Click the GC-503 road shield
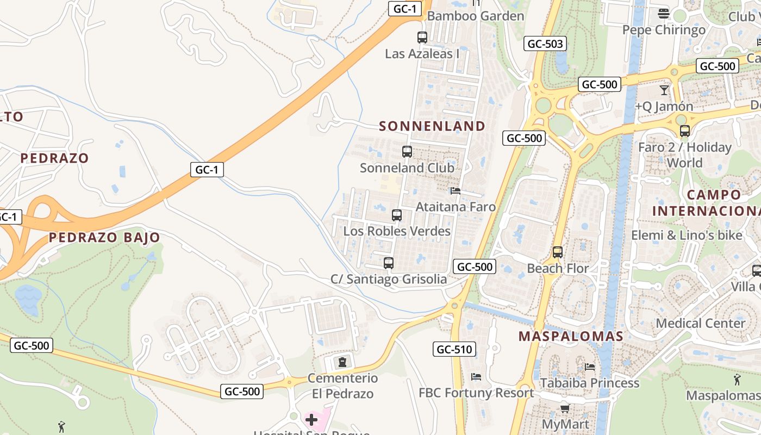545,44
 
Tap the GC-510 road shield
454,349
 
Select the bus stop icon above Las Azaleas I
422,38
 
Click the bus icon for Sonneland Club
407,152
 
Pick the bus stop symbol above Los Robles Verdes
397,215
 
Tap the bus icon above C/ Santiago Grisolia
389,263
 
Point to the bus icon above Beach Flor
558,252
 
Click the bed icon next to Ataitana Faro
456,191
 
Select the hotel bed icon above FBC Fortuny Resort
476,376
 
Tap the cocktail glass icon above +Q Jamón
664,90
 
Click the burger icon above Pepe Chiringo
664,13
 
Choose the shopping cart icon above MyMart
565,408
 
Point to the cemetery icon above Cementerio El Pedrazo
342,362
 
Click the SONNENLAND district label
432,126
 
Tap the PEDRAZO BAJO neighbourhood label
104,238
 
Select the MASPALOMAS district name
571,336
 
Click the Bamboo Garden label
476,16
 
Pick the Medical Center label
701,323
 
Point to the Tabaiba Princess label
590,383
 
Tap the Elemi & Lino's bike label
687,235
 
